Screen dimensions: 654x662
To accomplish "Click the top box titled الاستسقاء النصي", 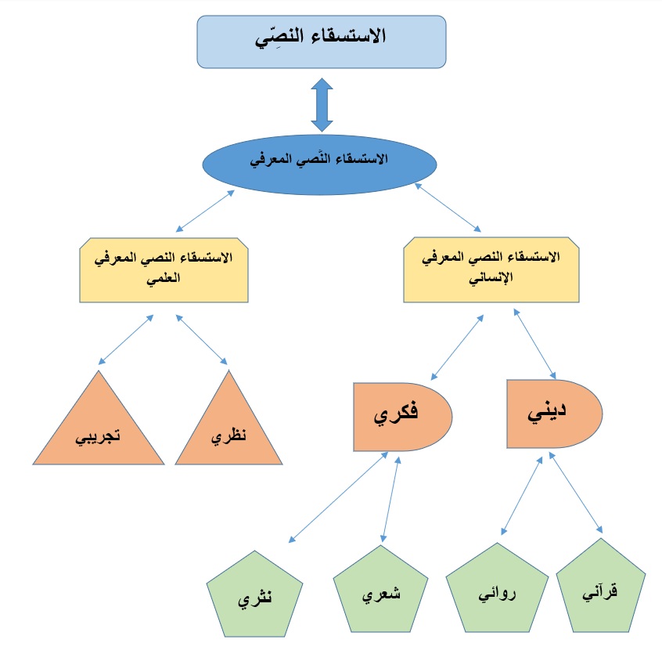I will (x=321, y=41).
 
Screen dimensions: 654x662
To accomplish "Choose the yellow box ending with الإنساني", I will (x=491, y=271).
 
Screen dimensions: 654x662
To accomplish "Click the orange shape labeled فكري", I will (x=401, y=416).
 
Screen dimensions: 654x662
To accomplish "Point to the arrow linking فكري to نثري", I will (x=338, y=497).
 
